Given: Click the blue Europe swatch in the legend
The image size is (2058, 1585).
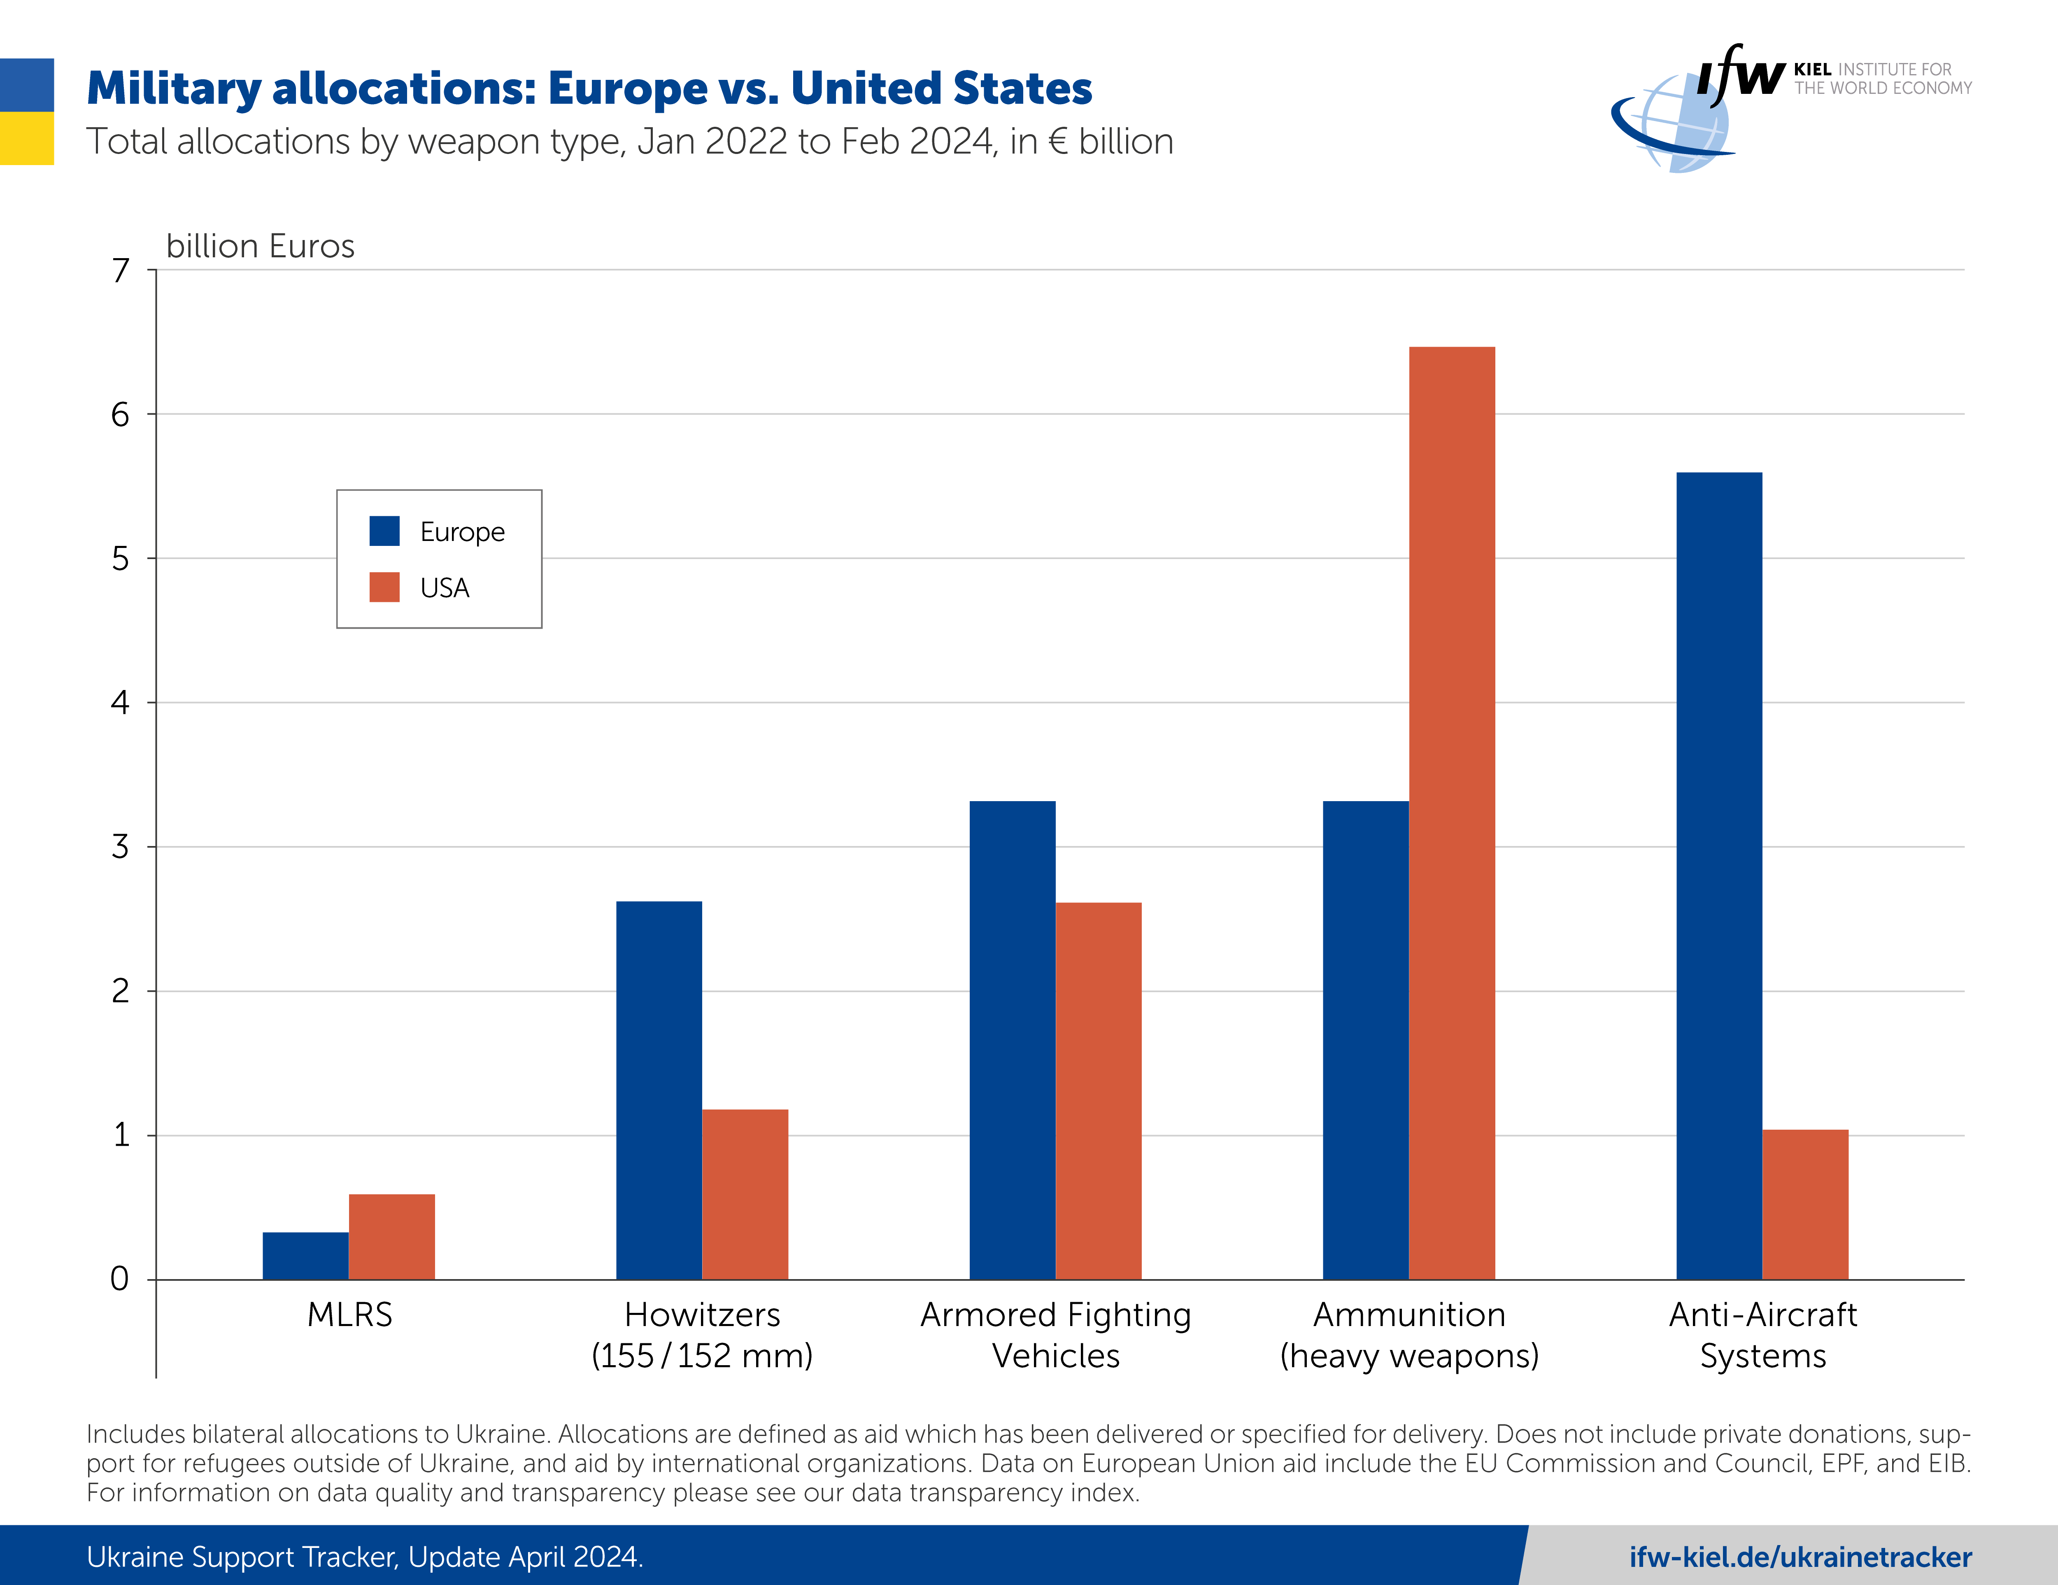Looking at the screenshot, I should point(384,531).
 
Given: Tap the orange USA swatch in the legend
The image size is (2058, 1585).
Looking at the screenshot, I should point(384,587).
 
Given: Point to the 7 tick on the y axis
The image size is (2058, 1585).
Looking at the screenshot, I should point(121,270).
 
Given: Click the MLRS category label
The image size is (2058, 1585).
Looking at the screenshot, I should point(349,1315).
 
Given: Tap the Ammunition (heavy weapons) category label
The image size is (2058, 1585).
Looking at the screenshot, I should point(1409,1334).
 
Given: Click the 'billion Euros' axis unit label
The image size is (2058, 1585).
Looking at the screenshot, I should point(260,246).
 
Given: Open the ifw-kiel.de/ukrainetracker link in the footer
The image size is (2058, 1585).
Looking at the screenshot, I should point(1800,1557).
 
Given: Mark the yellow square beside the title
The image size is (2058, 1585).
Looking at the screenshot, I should point(26,138).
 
